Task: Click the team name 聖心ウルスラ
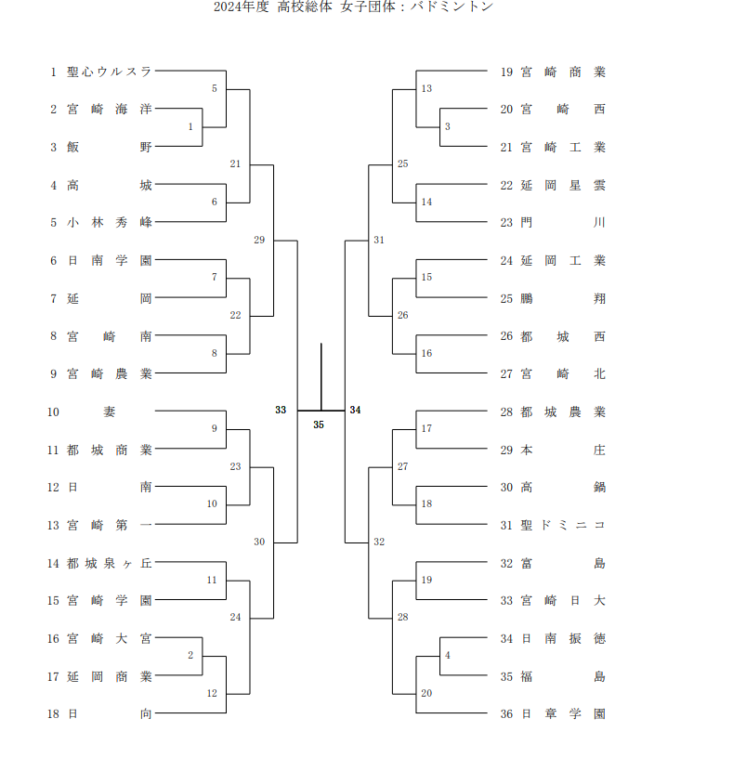pyautogui.click(x=109, y=71)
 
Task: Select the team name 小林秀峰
pyautogui.click(x=109, y=223)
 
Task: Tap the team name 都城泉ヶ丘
pyautogui.click(x=109, y=563)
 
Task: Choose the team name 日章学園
pyautogui.click(x=562, y=714)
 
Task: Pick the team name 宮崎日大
pyautogui.click(x=562, y=601)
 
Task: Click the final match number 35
pyautogui.click(x=319, y=425)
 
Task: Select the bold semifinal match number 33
pyautogui.click(x=281, y=410)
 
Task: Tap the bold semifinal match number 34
pyautogui.click(x=355, y=410)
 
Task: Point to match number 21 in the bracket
pyautogui.click(x=235, y=164)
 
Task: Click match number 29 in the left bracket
pyautogui.click(x=259, y=240)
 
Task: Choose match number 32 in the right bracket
pyautogui.click(x=379, y=542)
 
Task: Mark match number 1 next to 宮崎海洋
pyautogui.click(x=190, y=126)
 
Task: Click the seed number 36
pyautogui.click(x=506, y=714)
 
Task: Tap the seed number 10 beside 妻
pyautogui.click(x=54, y=412)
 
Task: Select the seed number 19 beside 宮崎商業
pyautogui.click(x=506, y=72)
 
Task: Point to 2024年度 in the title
pyautogui.click(x=241, y=7)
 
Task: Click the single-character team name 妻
pyautogui.click(x=110, y=412)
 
